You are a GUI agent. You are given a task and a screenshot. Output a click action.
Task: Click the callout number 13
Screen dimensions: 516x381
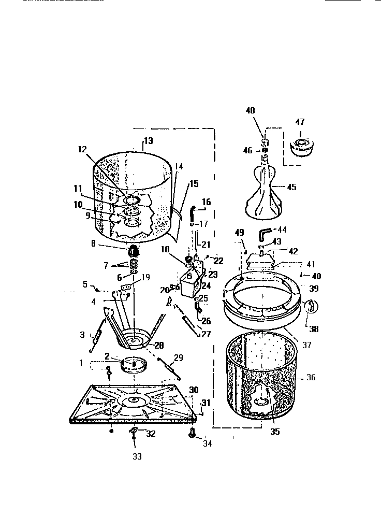pos(148,141)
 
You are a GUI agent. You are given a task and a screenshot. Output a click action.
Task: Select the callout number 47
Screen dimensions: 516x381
pos(300,122)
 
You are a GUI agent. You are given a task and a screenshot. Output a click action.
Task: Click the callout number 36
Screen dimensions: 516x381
pos(311,378)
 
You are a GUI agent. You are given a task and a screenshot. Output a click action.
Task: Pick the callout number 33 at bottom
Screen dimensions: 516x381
pos(136,456)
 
